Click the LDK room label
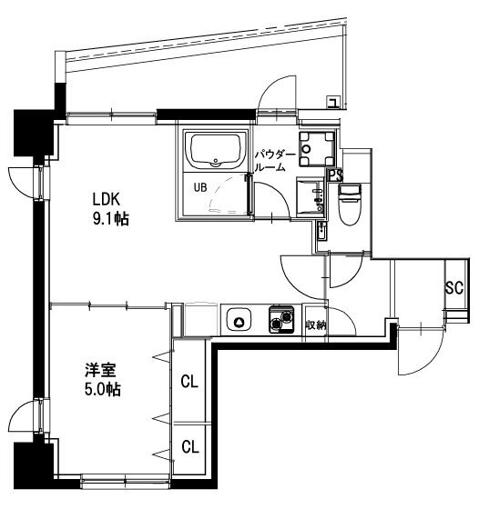click(x=106, y=199)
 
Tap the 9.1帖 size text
click(x=110, y=219)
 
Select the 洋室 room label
click(x=100, y=370)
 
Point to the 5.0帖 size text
click(x=102, y=390)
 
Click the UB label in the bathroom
click(x=200, y=187)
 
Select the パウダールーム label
click(x=275, y=161)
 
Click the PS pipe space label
click(x=335, y=175)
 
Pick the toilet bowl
click(x=350, y=205)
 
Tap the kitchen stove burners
click(x=281, y=319)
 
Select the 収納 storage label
click(x=316, y=325)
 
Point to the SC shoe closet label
click(x=453, y=288)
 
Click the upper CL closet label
click(x=189, y=382)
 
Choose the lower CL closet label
click(x=190, y=446)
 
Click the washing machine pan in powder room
click(x=316, y=149)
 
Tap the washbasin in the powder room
click(x=310, y=197)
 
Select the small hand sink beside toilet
click(x=321, y=230)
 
